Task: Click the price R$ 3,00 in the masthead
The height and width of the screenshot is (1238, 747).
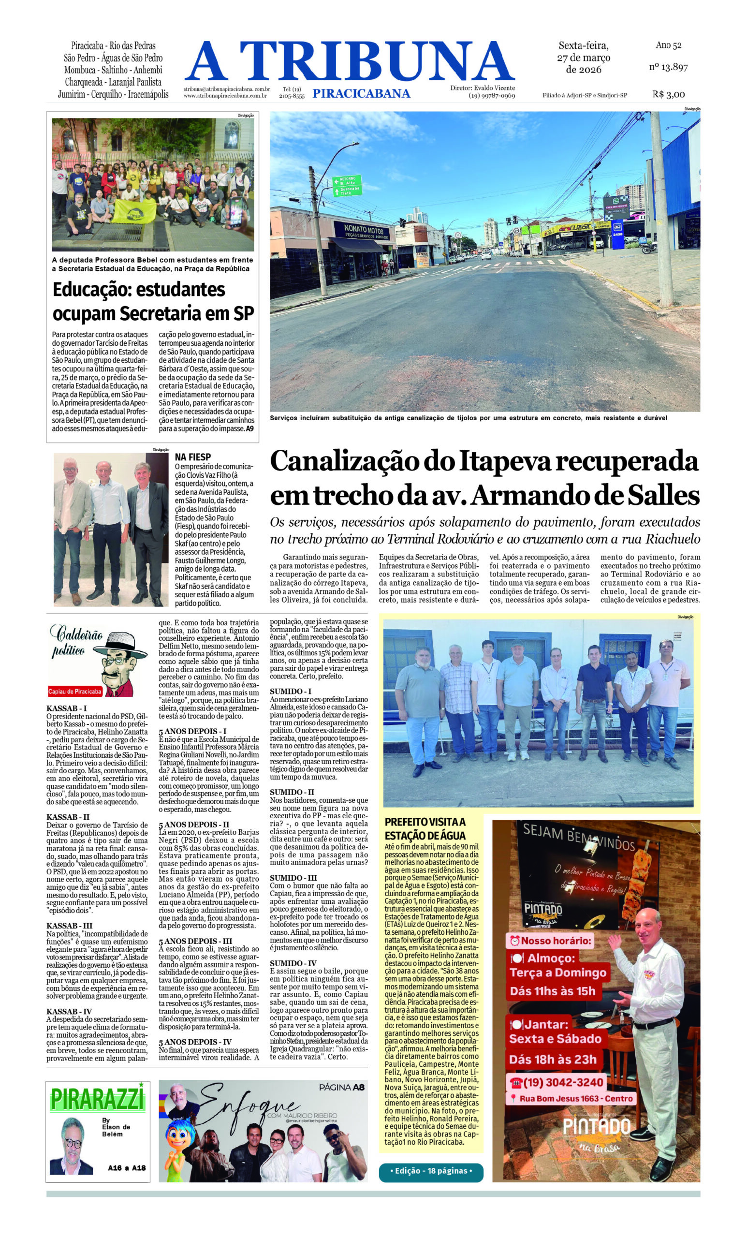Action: pyautogui.click(x=668, y=94)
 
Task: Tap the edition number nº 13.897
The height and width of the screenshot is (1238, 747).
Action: pyautogui.click(x=668, y=67)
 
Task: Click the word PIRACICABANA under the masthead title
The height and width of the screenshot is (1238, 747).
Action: pyautogui.click(x=361, y=93)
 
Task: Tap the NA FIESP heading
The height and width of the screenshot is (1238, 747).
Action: pyautogui.click(x=192, y=457)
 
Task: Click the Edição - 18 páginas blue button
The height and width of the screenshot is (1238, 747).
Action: pyautogui.click(x=430, y=1170)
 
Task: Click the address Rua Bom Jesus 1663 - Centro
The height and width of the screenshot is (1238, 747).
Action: pyautogui.click(x=575, y=1098)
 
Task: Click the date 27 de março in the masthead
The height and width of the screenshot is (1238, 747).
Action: pyautogui.click(x=583, y=57)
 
